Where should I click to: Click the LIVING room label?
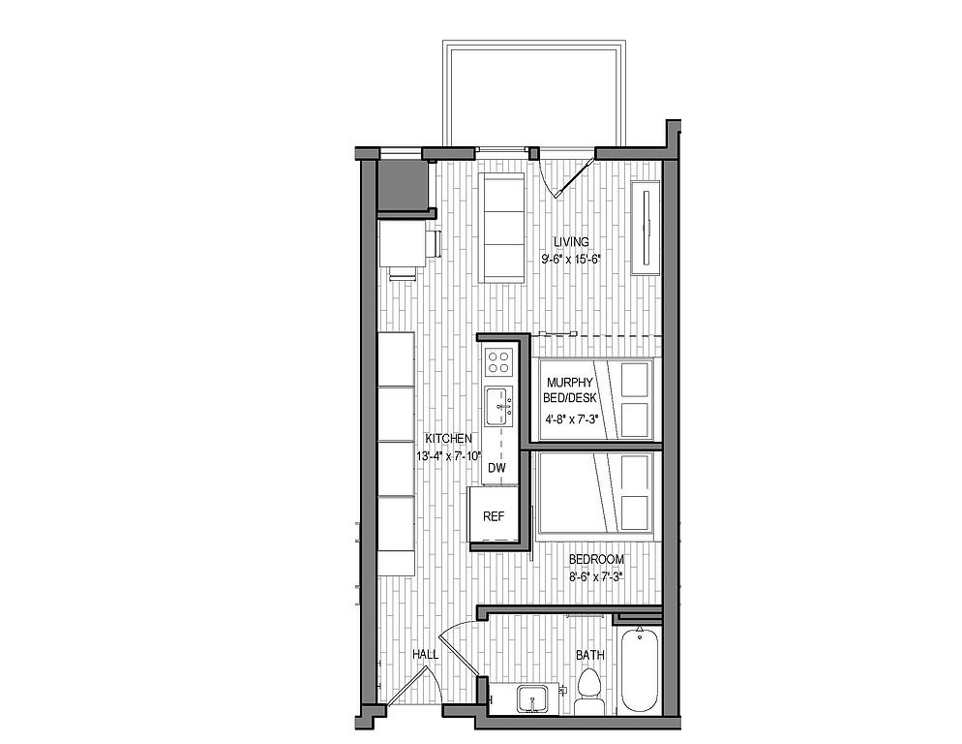pos(571,241)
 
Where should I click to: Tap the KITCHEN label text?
pos(449,438)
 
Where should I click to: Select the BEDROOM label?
pos(596,559)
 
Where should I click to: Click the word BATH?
pos(589,655)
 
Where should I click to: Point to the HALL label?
pos(425,655)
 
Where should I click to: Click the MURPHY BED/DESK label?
pos(570,389)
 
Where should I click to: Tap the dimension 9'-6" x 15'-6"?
pos(571,260)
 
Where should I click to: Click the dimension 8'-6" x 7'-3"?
pos(596,577)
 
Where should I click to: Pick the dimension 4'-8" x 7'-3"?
pos(571,419)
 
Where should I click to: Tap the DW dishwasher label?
pos(496,468)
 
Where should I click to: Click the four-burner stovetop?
pos(497,362)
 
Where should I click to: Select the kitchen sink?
pos(499,406)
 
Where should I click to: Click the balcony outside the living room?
pos(535,94)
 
